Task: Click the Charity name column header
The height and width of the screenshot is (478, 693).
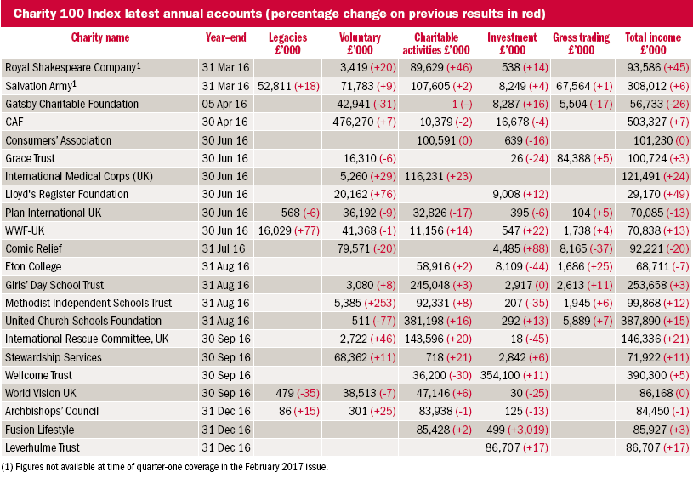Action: point(100,37)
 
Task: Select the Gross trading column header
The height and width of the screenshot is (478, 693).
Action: point(581,43)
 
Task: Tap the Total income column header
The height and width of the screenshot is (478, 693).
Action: point(653,43)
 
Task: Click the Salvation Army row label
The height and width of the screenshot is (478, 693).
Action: point(41,85)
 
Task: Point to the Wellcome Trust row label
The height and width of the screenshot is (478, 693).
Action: point(38,375)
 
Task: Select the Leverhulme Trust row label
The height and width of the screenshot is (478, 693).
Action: point(43,447)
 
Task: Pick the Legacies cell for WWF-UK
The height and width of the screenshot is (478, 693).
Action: point(288,230)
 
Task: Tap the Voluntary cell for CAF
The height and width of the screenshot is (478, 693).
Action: point(364,122)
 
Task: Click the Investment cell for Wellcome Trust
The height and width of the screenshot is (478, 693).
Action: point(514,375)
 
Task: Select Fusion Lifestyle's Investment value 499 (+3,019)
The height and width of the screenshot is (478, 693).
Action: point(517,430)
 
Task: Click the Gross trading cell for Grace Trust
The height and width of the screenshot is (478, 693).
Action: point(585,158)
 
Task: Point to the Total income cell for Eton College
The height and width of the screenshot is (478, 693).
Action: point(659,266)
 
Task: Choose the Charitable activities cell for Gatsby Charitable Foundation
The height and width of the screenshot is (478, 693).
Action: point(462,104)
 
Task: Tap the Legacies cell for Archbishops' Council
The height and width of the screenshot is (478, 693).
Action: point(298,411)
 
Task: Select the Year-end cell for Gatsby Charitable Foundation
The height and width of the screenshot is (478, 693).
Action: point(224,104)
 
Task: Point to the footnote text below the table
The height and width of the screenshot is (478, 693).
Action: point(164,467)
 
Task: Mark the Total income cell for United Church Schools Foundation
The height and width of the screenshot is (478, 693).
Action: point(655,321)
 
